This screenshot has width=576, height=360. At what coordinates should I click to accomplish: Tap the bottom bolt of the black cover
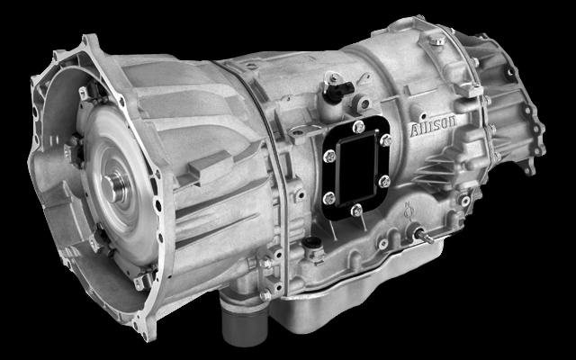point(357,210)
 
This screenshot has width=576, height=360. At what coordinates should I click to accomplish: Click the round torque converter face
point(108,189)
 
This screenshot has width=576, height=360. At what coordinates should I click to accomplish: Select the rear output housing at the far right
point(504,117)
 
